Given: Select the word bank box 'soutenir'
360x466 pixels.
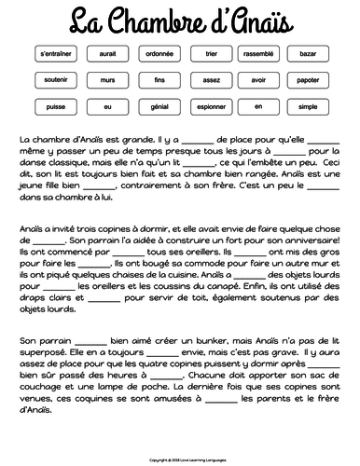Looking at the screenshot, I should (x=56, y=81).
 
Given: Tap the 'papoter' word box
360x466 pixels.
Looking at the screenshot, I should (x=312, y=81).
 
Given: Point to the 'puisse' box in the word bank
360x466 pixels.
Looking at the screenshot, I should (x=56, y=106).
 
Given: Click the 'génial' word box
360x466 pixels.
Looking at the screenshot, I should (x=159, y=106).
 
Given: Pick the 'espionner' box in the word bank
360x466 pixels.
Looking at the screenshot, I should (x=210, y=106).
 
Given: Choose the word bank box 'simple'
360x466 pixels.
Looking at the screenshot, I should (x=312, y=106).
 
